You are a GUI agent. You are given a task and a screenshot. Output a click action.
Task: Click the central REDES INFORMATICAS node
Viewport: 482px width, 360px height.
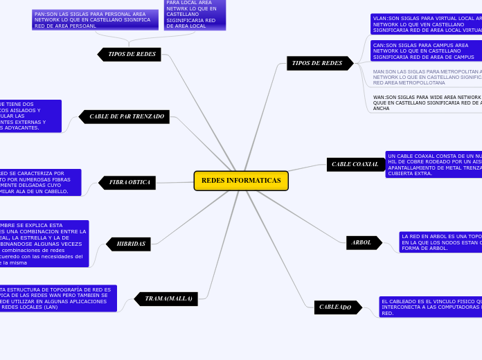[x=241, y=181]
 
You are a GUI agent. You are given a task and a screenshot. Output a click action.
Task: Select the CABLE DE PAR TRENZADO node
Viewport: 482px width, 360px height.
[x=127, y=116]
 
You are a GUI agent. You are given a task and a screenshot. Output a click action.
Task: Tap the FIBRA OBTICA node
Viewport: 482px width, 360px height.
[x=130, y=183]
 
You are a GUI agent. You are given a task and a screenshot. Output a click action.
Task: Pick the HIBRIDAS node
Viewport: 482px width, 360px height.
[x=131, y=244]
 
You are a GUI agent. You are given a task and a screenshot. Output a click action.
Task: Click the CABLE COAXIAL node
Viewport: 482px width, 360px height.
[x=355, y=165]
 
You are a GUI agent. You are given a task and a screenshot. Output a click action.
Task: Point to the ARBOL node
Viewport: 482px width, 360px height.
[x=362, y=243]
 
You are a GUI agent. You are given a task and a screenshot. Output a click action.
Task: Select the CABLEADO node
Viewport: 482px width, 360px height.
[x=335, y=307]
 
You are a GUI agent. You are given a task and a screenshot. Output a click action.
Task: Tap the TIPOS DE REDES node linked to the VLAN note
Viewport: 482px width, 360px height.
[x=317, y=64]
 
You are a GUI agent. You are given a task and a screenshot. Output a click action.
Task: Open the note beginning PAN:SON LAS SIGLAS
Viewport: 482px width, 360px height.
[x=95, y=19]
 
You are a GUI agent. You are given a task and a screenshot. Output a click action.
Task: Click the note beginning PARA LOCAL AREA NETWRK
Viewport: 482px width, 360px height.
[x=195, y=14]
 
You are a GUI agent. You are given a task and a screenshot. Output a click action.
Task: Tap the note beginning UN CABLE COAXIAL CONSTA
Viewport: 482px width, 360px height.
[x=434, y=164]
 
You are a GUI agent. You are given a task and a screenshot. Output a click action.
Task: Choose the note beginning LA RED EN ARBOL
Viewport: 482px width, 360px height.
[x=440, y=242]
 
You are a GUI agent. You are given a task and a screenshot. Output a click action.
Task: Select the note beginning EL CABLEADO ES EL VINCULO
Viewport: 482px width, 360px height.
[x=430, y=307]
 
